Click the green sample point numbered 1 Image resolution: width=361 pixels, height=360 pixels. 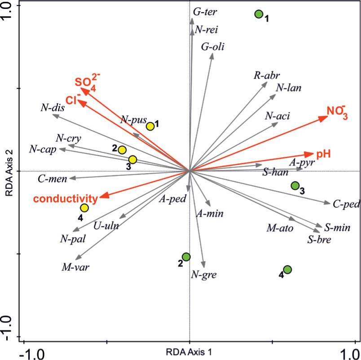259,14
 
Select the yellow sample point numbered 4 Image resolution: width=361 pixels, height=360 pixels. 84,207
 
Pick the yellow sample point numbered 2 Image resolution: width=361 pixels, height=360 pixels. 122,150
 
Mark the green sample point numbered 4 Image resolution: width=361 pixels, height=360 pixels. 287,269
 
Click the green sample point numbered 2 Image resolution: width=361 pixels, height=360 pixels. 186,257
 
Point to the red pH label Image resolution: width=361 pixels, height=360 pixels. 323,154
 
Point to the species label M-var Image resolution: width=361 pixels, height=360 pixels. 75,268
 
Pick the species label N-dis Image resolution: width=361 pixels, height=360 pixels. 53,107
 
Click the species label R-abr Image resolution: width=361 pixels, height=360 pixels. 264,75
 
